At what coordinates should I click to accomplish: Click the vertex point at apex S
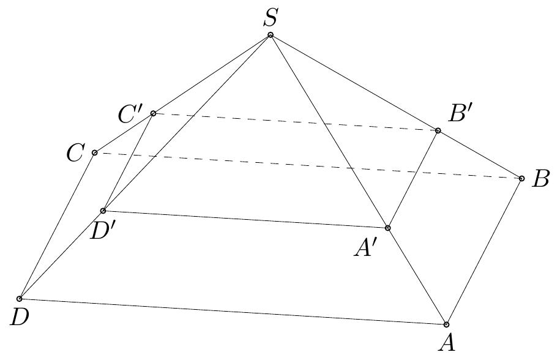[x=271, y=35]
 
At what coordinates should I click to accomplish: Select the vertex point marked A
[x=446, y=324]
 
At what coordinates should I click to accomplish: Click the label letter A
[x=447, y=343]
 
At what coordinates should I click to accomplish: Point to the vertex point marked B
[x=521, y=178]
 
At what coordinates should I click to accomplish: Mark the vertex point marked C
[x=94, y=152]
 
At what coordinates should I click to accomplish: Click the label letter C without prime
[x=76, y=153]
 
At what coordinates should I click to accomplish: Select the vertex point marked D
[x=20, y=298]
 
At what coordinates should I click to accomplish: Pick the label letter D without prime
[x=20, y=317]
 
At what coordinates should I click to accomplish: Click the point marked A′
[x=387, y=227]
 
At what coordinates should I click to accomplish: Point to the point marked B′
[x=438, y=130]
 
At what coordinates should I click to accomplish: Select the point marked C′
[x=153, y=113]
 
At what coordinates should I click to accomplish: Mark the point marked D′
[x=103, y=211]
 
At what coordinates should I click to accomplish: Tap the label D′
[x=104, y=231]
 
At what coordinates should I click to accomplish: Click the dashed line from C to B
[x=306, y=165]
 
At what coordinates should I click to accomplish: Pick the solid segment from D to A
[x=233, y=311]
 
